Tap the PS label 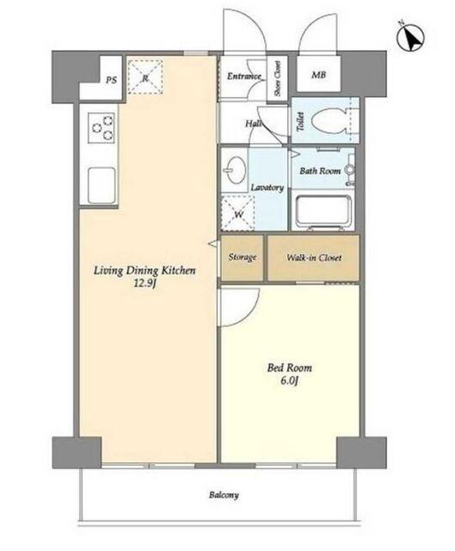(111, 80)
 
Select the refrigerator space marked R (145, 77)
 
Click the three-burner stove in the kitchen (101, 127)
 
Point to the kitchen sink (101, 186)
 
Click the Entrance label (244, 76)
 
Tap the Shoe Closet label (277, 78)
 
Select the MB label (318, 75)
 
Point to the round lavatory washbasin (236, 170)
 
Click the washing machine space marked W (237, 214)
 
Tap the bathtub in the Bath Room (323, 211)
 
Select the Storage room (243, 258)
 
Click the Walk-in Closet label (314, 257)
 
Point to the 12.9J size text (144, 283)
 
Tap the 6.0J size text (289, 381)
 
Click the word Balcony (224, 495)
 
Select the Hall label (254, 123)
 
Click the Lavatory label (267, 188)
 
